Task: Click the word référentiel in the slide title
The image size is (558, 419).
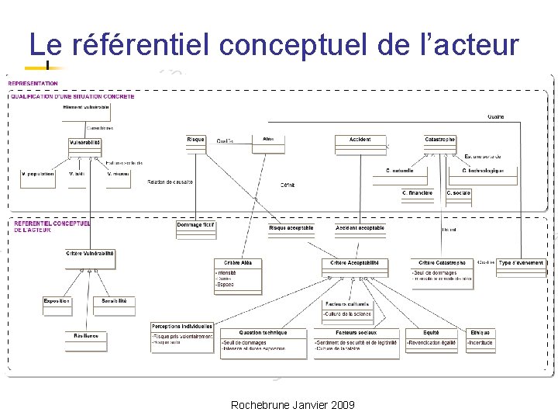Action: pyautogui.click(x=140, y=45)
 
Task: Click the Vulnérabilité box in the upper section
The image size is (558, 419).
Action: pyautogui.click(x=85, y=143)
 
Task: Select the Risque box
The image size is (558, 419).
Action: pyautogui.click(x=196, y=140)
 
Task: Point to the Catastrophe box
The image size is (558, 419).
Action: pyautogui.click(x=440, y=140)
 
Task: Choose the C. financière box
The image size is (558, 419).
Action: pyautogui.click(x=418, y=192)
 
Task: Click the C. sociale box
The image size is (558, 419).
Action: pyautogui.click(x=459, y=192)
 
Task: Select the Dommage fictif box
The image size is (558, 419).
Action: pyautogui.click(x=195, y=225)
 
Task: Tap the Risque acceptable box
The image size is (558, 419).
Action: pyautogui.click(x=291, y=228)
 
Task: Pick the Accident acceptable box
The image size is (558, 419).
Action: pyautogui.click(x=360, y=228)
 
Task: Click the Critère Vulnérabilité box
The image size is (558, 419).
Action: pyautogui.click(x=90, y=254)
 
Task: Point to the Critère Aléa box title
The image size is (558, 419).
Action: pyautogui.click(x=238, y=263)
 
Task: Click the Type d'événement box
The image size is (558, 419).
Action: pyautogui.click(x=522, y=263)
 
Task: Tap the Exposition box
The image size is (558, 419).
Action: pyautogui.click(x=57, y=301)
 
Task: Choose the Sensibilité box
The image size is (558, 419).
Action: pyautogui.click(x=115, y=301)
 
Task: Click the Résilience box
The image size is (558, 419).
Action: pyautogui.click(x=86, y=336)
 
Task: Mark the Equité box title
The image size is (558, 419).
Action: pyautogui.click(x=431, y=333)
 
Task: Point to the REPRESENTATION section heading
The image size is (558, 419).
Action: pyautogui.click(x=33, y=83)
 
